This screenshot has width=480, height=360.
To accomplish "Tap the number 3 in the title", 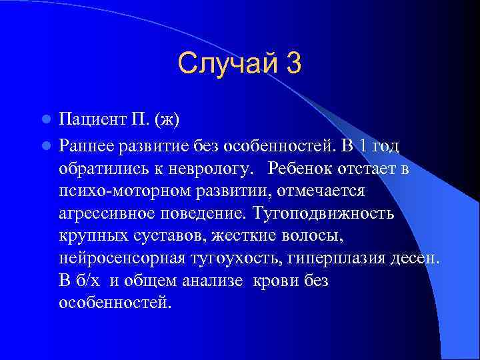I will coord(293,63).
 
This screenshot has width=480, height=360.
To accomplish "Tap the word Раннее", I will coord(86,144).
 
